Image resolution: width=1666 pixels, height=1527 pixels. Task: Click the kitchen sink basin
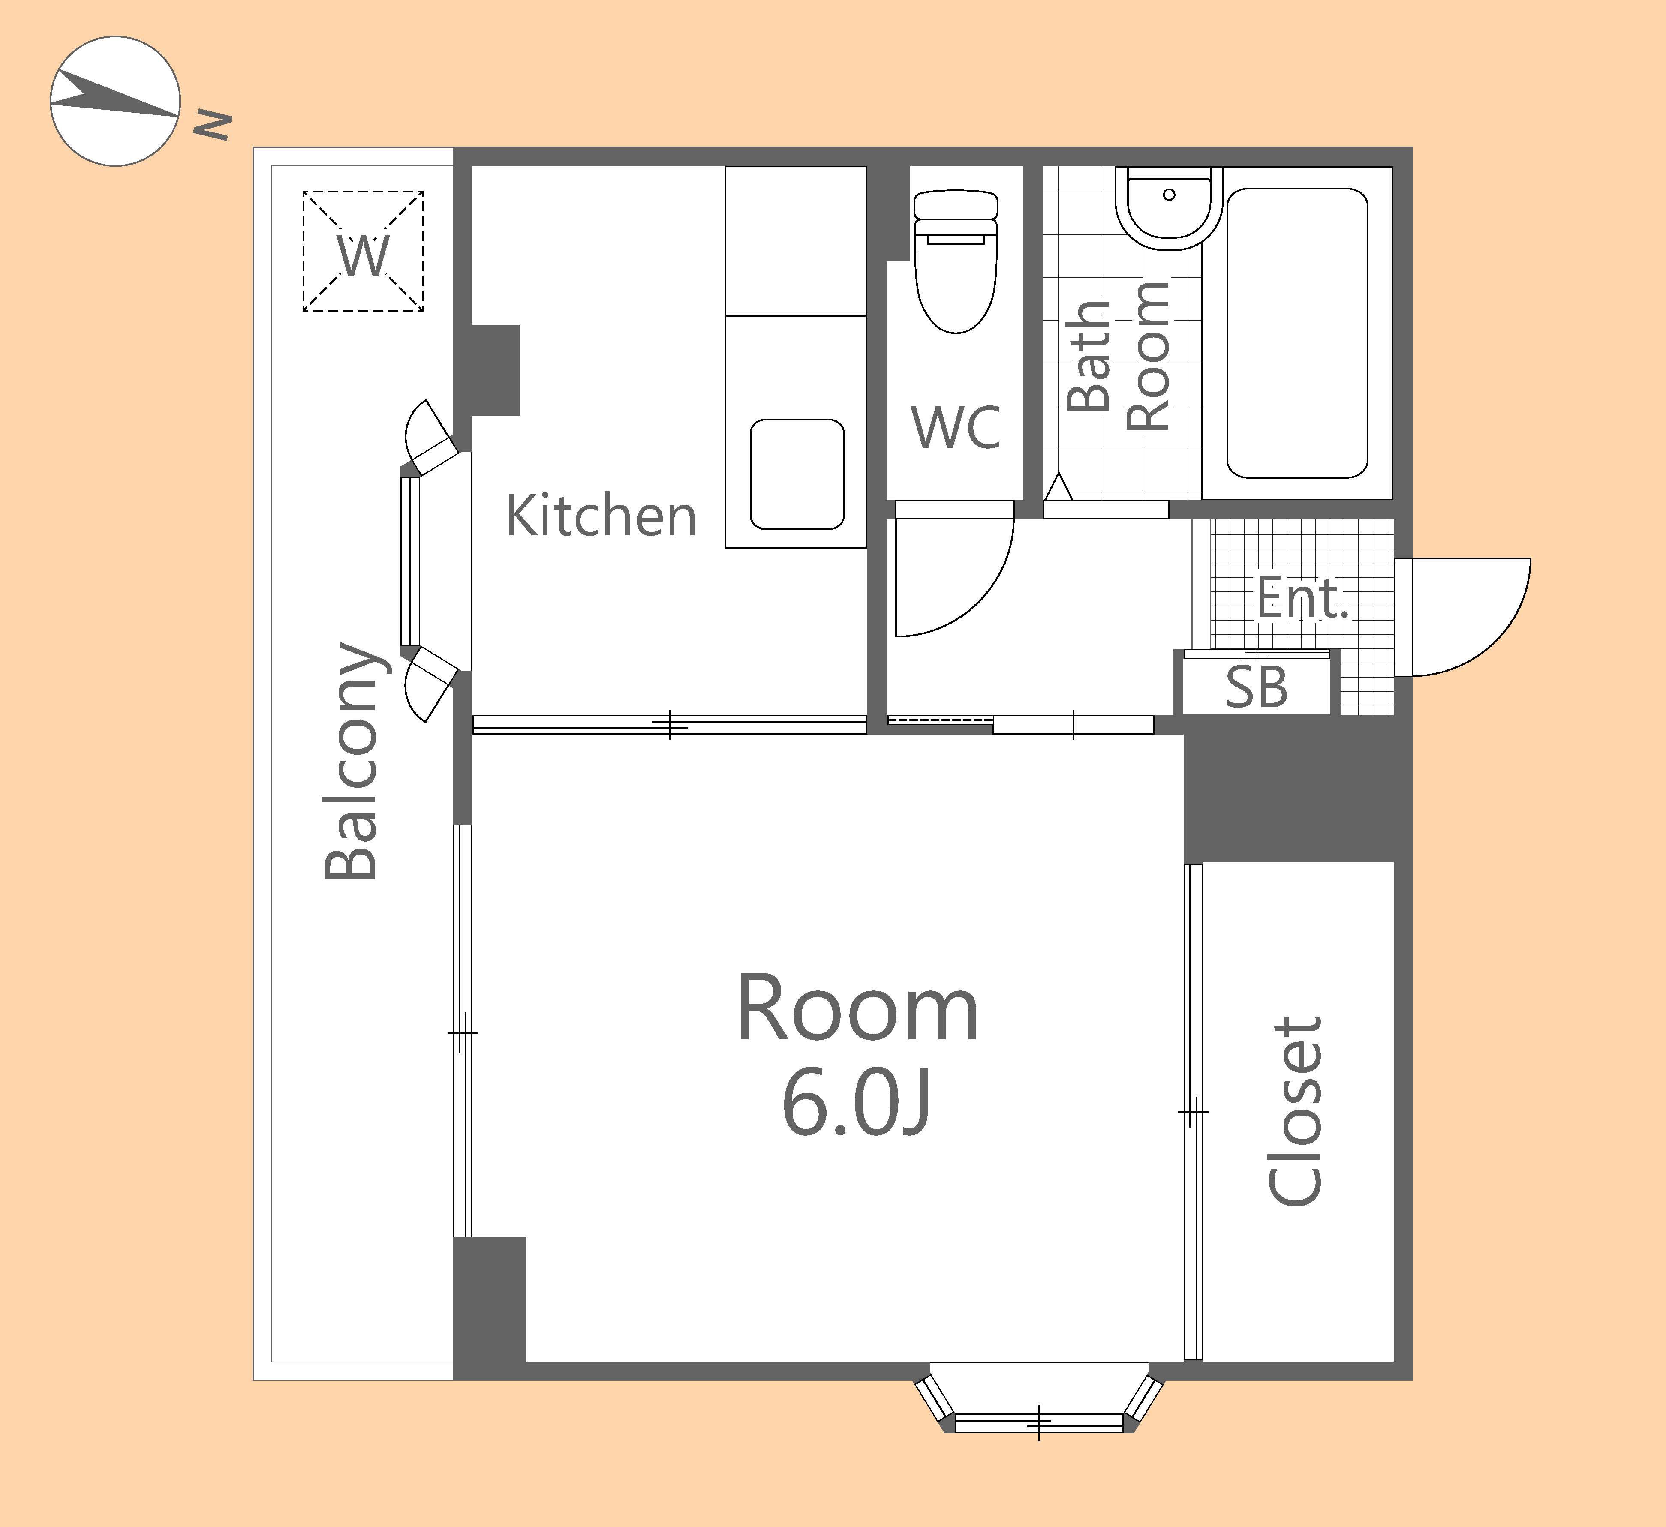coord(797,474)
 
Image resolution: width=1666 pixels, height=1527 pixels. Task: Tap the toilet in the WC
coord(957,262)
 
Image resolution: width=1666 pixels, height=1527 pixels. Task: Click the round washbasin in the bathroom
coord(1169,208)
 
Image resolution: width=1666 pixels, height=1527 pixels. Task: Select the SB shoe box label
coord(1256,687)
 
